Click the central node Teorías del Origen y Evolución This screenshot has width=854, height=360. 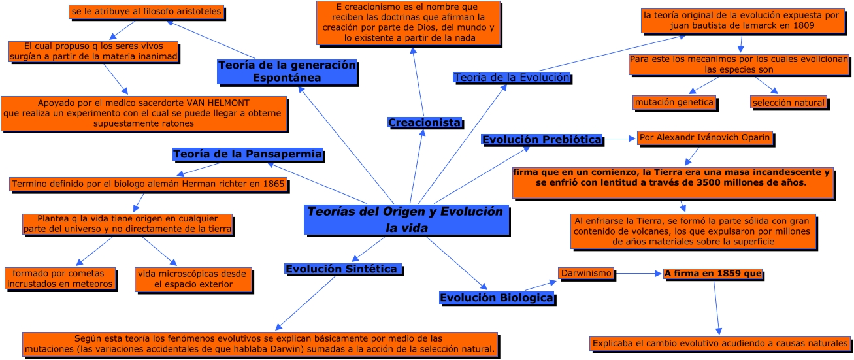click(406, 220)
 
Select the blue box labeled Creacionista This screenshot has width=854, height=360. click(425, 123)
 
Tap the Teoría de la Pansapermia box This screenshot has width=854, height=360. click(248, 154)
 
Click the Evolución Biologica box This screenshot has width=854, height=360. click(497, 298)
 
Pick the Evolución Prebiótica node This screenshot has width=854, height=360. click(542, 139)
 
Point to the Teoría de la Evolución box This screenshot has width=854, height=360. click(512, 77)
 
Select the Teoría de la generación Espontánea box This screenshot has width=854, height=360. click(287, 71)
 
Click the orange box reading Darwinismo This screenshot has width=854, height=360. click(585, 273)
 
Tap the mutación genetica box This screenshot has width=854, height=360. click(674, 103)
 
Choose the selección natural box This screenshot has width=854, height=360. click(788, 103)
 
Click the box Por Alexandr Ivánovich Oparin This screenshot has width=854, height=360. click(705, 138)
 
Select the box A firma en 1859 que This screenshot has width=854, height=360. click(713, 274)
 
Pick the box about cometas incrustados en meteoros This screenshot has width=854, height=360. click(61, 278)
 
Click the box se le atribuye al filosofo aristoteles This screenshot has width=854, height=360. click(147, 11)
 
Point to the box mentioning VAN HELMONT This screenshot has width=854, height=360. click(143, 112)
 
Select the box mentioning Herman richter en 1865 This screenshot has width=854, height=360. click(148, 184)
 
